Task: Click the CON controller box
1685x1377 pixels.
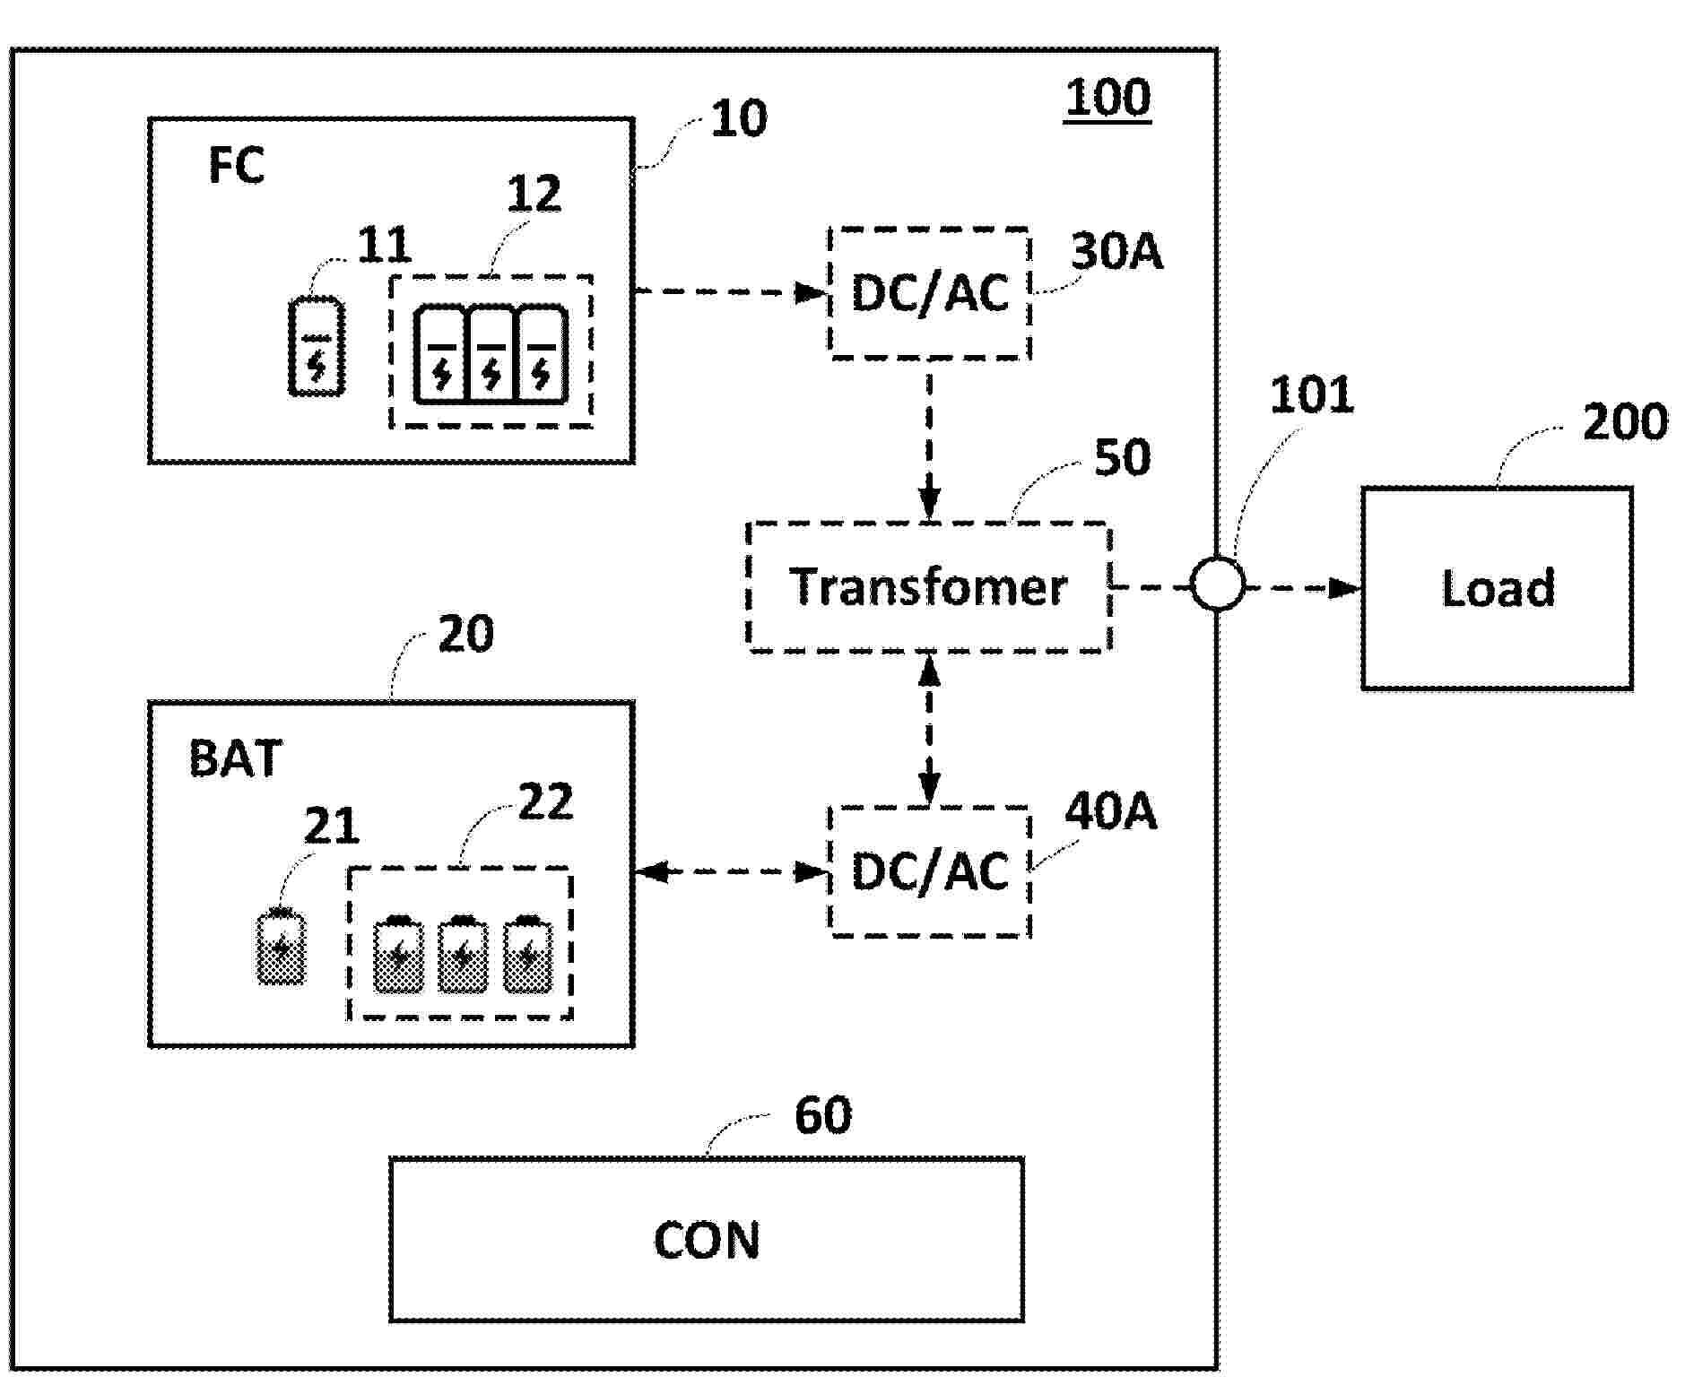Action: coord(707,1239)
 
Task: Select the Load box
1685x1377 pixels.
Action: coord(1497,588)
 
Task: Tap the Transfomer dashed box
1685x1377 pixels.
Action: coord(929,587)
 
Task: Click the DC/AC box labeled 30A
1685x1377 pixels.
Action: coord(930,293)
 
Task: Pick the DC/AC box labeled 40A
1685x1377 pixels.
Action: coord(930,871)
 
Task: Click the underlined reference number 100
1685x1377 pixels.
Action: coord(1107,98)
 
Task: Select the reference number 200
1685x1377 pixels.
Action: coord(1624,421)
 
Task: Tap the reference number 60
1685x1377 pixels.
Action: coord(822,1115)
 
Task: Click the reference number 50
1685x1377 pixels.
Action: coord(1122,458)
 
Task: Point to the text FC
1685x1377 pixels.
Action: coord(236,166)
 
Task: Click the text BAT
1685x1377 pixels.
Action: coord(235,758)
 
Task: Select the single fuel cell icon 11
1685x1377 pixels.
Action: coord(316,346)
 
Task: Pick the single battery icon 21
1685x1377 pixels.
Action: coord(281,948)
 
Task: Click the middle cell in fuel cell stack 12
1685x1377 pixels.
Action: coord(491,356)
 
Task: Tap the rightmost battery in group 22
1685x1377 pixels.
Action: coord(527,955)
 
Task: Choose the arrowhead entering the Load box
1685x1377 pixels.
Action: coord(1344,588)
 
